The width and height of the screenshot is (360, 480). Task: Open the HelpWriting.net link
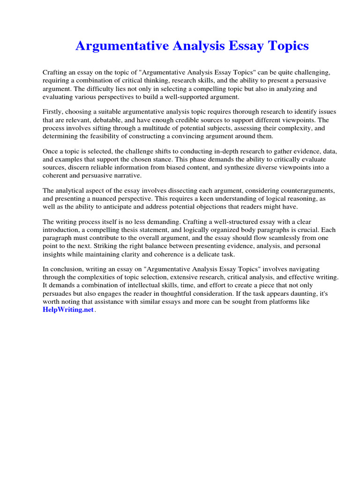tap(68, 310)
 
